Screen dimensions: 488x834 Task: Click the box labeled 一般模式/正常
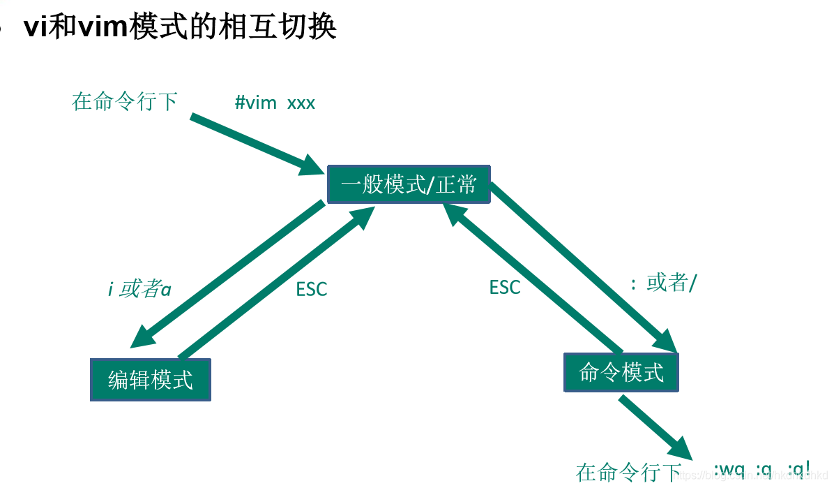click(409, 184)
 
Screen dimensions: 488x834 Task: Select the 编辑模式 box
click(151, 380)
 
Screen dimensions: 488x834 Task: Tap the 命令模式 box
click(621, 372)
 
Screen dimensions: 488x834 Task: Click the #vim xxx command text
click(275, 103)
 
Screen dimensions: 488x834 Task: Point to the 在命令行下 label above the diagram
click(124, 102)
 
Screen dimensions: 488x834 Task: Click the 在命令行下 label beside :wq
click(628, 473)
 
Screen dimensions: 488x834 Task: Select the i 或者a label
click(139, 288)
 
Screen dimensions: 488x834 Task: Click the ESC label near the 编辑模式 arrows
click(311, 289)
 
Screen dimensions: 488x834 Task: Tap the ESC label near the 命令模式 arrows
click(504, 287)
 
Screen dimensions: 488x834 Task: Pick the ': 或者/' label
click(663, 283)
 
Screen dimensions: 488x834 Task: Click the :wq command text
click(729, 468)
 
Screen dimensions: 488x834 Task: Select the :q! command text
click(799, 468)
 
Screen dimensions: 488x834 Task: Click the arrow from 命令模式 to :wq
click(654, 429)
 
